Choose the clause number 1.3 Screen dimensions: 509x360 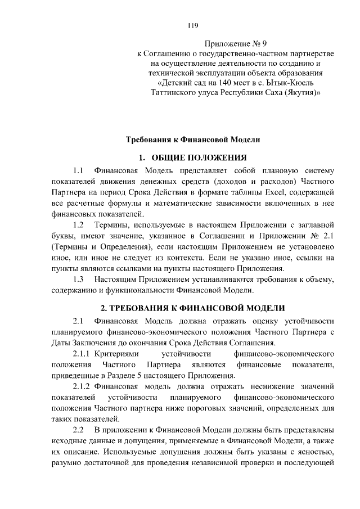(78, 278)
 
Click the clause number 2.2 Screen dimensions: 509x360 (78, 429)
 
